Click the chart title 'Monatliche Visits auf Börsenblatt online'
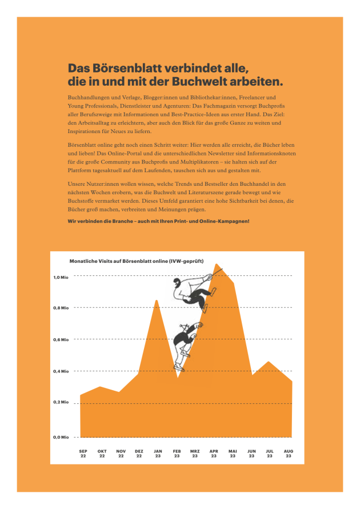[x=136, y=261]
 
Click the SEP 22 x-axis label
[x=83, y=454]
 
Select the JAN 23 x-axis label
[x=158, y=454]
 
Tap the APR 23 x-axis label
[x=214, y=454]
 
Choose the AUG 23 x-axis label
[x=289, y=454]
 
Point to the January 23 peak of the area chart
[x=157, y=300]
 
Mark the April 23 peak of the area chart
[x=216, y=264]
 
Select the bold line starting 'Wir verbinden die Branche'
[x=158, y=221]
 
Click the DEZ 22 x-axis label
[x=139, y=454]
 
